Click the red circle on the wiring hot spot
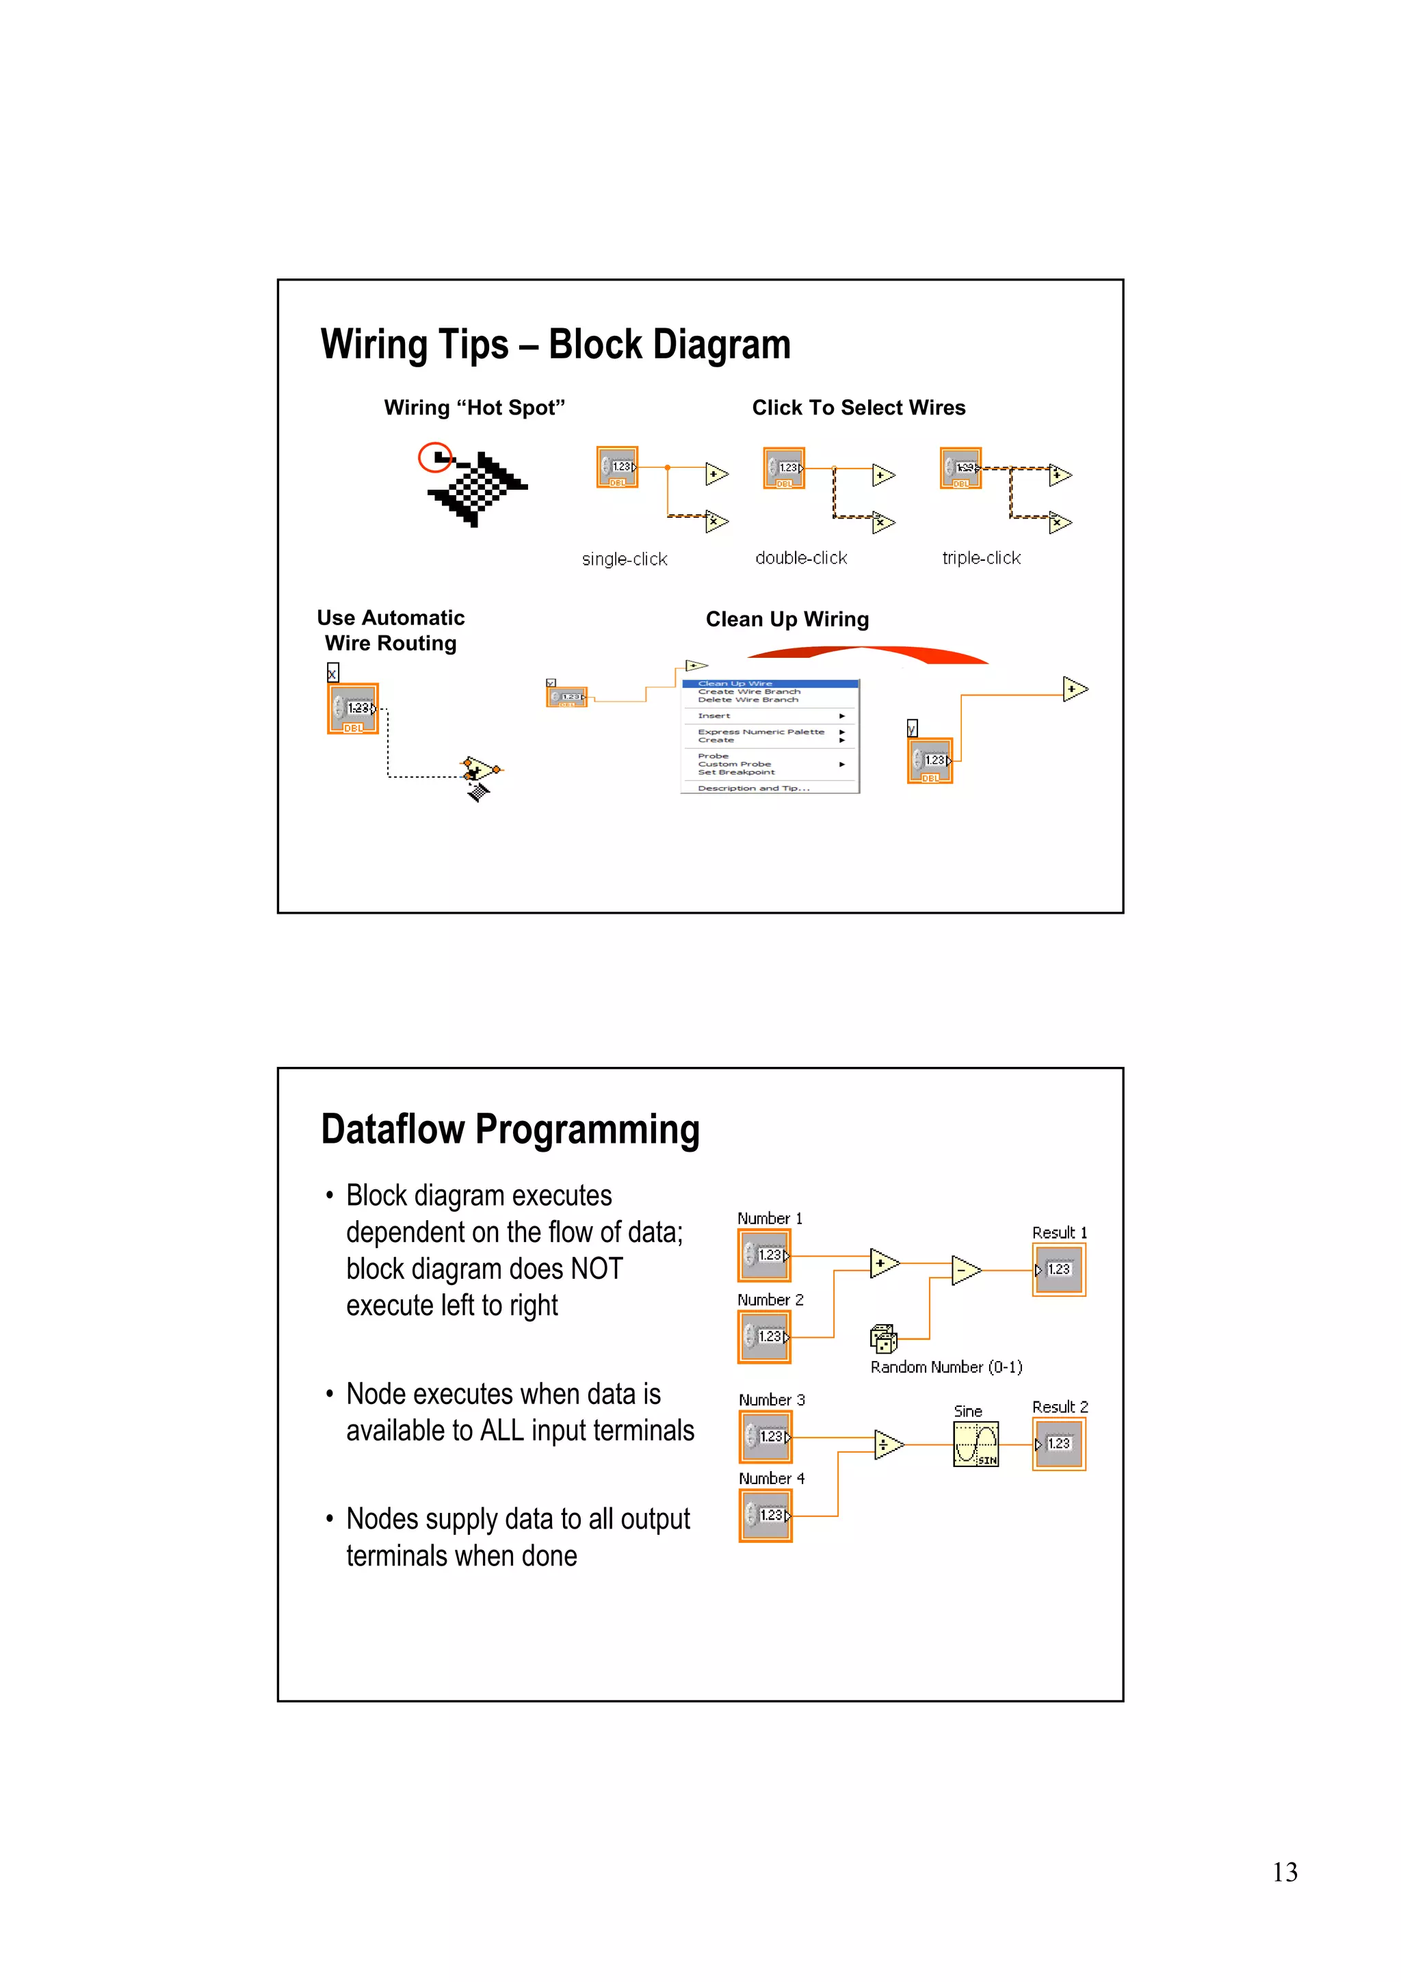coord(435,457)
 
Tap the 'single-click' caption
coord(624,559)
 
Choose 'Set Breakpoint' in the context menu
coord(735,773)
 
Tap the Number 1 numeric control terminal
coord(764,1255)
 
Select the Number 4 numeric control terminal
coord(765,1516)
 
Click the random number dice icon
coord(883,1339)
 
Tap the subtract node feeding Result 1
coord(965,1271)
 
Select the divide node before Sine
coord(887,1444)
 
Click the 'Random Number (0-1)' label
coord(945,1367)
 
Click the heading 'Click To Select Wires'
coord(858,408)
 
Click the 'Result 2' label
coord(1059,1407)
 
